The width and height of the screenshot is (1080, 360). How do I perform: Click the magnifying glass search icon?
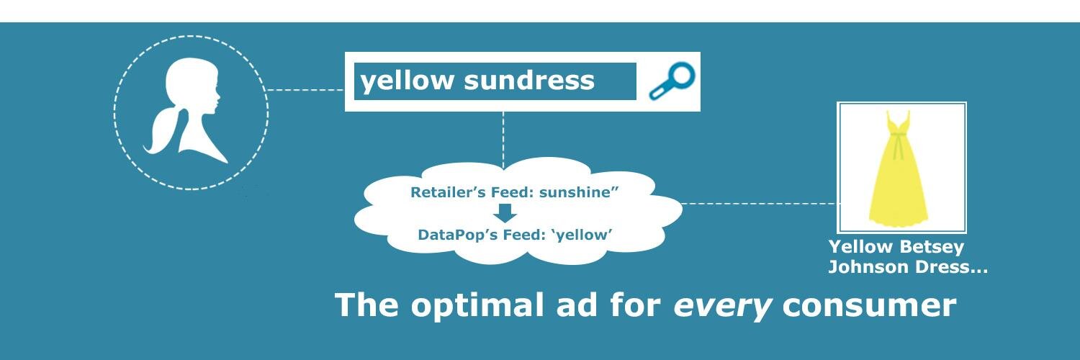click(x=672, y=81)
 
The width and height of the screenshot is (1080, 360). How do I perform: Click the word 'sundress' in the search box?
click(x=529, y=80)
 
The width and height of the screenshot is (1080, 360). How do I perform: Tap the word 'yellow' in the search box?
click(x=407, y=81)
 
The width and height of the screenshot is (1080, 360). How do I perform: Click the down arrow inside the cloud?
click(x=505, y=213)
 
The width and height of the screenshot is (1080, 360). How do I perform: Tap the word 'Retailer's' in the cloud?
click(x=448, y=192)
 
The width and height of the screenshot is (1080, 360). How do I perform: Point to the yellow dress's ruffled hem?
click(x=899, y=221)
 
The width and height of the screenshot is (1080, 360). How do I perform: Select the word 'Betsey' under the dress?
click(x=931, y=247)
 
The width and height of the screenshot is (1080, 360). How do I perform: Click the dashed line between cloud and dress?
click(x=760, y=204)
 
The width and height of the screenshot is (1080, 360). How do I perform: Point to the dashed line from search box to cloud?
click(x=503, y=140)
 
